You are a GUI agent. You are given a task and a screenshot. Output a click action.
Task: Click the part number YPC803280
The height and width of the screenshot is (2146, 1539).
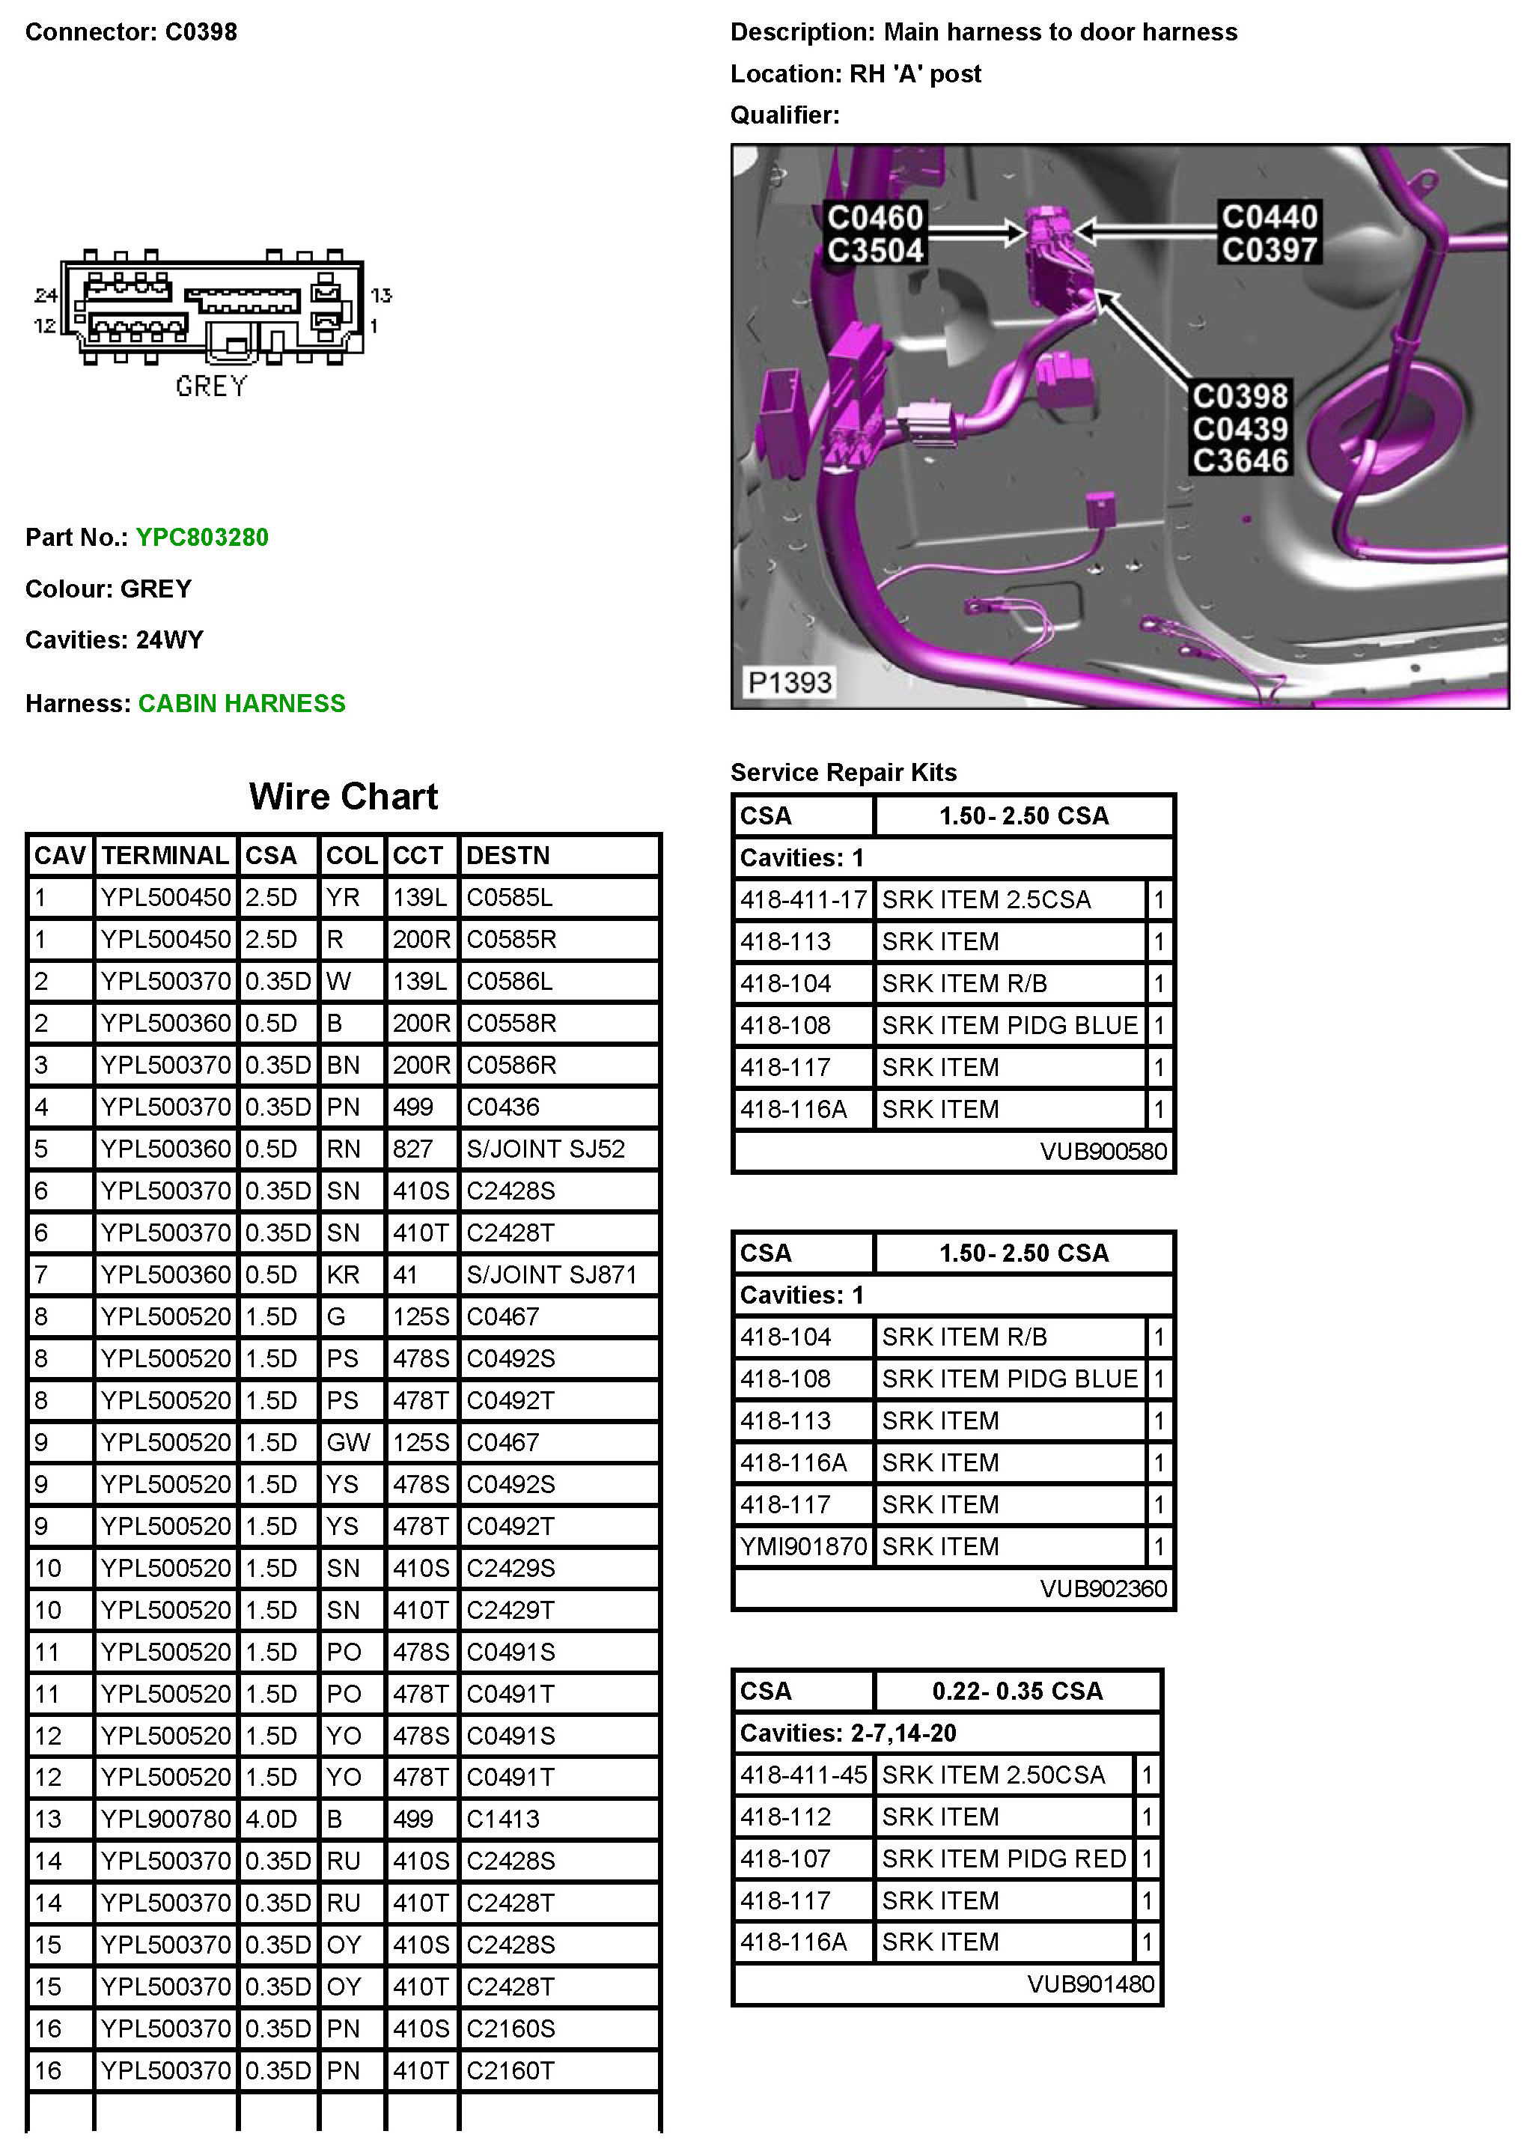(201, 538)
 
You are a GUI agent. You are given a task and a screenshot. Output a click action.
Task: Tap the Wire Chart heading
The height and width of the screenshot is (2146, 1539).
(344, 797)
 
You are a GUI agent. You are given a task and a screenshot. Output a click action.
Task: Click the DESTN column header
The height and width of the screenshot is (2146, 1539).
(508, 855)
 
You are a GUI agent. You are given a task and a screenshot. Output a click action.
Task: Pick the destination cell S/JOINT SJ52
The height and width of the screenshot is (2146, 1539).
(546, 1149)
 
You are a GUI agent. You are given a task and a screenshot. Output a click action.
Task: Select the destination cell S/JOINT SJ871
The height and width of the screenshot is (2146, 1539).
(552, 1274)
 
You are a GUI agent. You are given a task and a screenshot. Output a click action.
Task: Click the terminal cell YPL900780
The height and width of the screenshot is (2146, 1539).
(165, 1819)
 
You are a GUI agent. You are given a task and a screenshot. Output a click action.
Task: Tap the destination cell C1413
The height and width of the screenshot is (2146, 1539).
(503, 1819)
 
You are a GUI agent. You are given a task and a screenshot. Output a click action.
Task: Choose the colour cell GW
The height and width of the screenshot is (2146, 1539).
(348, 1442)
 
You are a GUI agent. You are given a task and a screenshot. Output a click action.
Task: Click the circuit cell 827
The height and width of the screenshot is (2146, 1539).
(412, 1149)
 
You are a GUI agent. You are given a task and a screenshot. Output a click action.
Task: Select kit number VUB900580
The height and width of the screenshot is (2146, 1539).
(1103, 1152)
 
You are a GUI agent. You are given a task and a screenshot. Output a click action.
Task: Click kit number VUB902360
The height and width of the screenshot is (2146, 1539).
(1103, 1589)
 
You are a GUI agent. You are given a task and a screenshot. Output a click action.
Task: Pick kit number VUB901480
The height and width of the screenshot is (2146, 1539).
(1091, 1984)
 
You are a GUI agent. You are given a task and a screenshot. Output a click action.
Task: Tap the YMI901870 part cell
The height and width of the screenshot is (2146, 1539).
(803, 1546)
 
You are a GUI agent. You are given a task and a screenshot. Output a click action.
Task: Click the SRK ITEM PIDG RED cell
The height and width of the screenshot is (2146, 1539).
(1004, 1858)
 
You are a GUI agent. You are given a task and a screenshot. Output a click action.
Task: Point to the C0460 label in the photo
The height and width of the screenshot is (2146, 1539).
(875, 218)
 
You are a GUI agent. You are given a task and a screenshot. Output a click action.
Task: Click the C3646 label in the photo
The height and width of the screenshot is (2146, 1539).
(1240, 460)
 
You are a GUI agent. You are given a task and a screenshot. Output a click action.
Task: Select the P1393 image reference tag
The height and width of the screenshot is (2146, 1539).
(790, 682)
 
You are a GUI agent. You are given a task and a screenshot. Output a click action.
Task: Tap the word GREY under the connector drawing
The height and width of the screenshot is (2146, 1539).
(211, 386)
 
